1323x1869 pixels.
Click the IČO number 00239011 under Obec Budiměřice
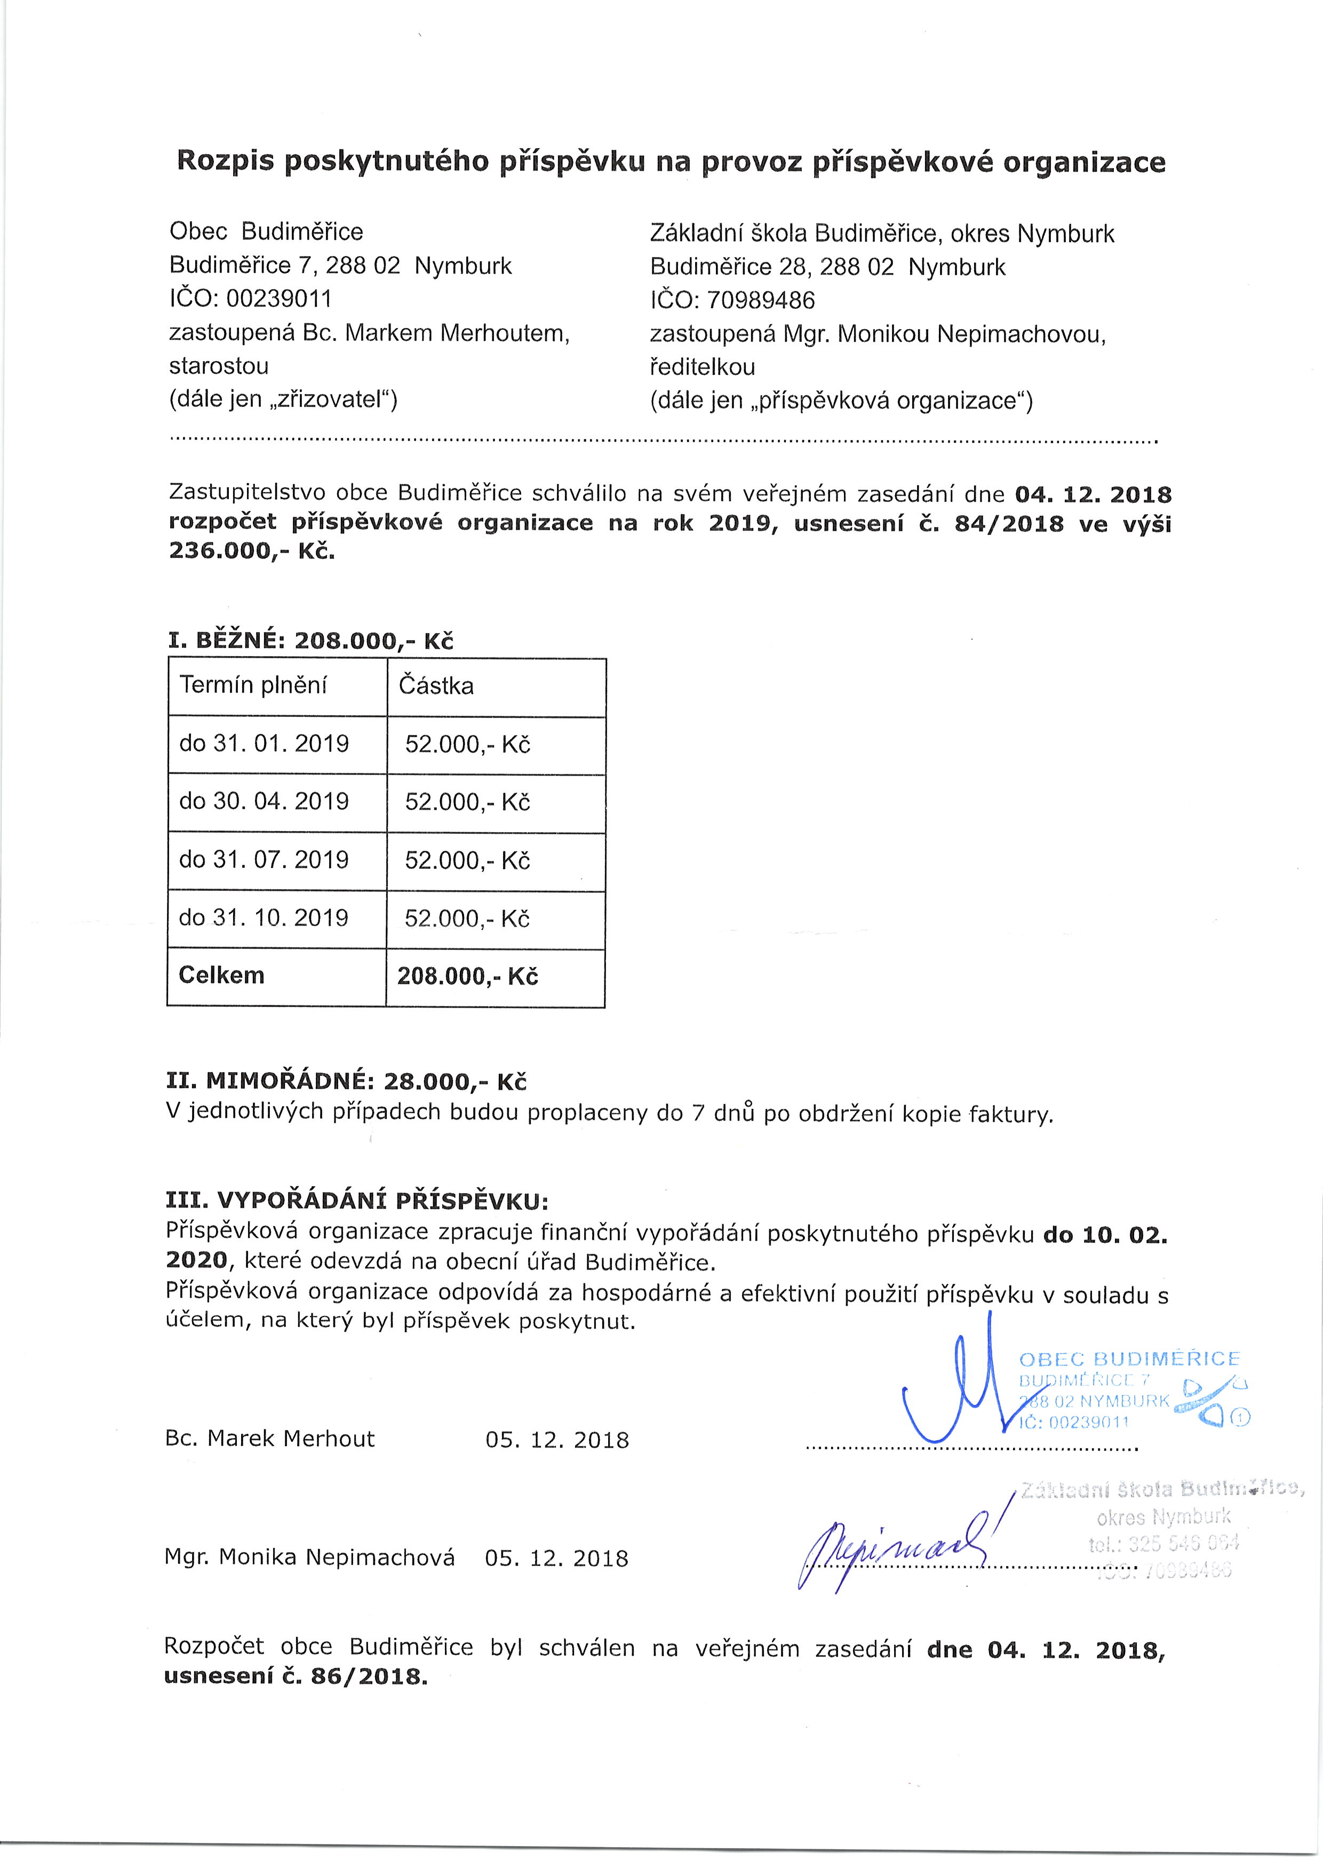pyautogui.click(x=278, y=299)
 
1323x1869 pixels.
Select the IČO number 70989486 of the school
pyautogui.click(x=761, y=300)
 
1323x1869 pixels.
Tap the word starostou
pyautogui.click(x=218, y=366)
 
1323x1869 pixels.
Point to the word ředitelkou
pyautogui.click(x=702, y=368)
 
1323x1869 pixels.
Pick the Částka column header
pyautogui.click(x=436, y=686)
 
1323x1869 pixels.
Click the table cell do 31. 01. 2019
pyautogui.click(x=264, y=744)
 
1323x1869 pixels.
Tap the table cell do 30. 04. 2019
pyautogui.click(x=264, y=801)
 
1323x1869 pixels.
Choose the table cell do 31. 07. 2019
pyautogui.click(x=264, y=859)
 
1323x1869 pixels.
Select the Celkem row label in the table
pyautogui.click(x=221, y=975)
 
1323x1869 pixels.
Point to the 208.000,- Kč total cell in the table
pyautogui.click(x=468, y=977)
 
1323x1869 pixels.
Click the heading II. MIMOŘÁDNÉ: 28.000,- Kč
pyautogui.click(x=346, y=1082)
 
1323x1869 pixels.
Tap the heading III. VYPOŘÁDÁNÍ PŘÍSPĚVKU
pyautogui.click(x=357, y=1201)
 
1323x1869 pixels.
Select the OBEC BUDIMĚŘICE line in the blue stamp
pyautogui.click(x=1129, y=1359)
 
